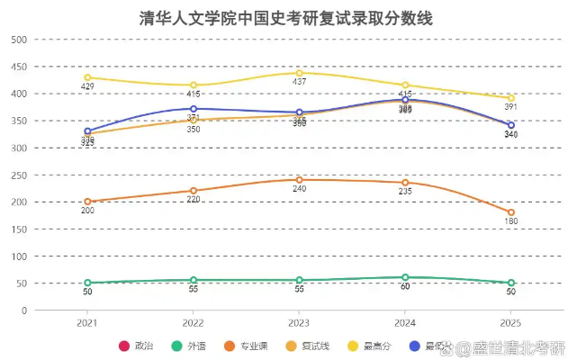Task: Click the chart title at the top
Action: (287, 18)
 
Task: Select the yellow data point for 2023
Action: (299, 73)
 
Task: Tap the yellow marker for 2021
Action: (87, 77)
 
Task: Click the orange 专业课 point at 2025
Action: (511, 212)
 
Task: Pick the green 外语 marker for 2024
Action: (405, 277)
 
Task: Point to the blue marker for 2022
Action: (194, 109)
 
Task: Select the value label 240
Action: (299, 189)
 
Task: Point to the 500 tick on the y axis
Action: (19, 40)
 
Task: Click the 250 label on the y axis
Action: (19, 175)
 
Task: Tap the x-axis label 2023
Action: (299, 321)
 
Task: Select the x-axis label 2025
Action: (511, 321)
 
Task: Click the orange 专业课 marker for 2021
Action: (87, 202)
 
